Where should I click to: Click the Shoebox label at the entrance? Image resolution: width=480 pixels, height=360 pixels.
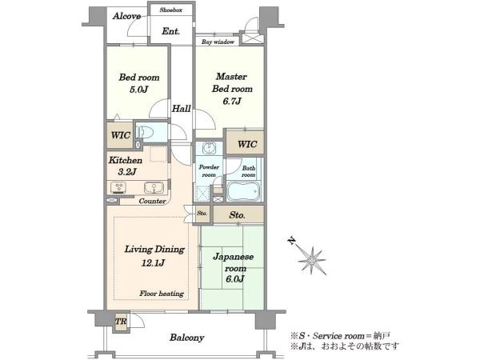coord(171,10)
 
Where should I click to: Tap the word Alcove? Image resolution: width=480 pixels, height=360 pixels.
coord(126,16)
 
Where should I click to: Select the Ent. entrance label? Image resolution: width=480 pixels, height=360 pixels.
coord(170,31)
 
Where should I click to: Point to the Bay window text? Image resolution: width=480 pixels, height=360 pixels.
coord(218,42)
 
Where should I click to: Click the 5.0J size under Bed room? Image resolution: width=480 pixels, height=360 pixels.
coord(138,90)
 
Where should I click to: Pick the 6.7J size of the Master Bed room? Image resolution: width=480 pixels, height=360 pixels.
coord(232,101)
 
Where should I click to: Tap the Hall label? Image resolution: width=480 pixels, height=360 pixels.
coord(182,108)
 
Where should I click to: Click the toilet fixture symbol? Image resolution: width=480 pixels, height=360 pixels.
coord(145,132)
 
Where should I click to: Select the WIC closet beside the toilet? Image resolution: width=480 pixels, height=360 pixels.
coord(120,135)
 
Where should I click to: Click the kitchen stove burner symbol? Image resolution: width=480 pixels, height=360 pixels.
coord(118,187)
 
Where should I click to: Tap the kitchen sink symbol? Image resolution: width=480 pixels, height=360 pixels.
coord(154,188)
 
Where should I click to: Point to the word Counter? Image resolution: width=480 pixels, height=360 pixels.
coord(152,201)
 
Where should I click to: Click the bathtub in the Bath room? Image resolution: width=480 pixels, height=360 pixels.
coord(243,191)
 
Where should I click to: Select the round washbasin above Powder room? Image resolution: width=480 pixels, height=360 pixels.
coord(209,149)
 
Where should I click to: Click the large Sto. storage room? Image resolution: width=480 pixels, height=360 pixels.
coord(238,214)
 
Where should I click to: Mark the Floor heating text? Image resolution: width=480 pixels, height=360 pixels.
coord(162,294)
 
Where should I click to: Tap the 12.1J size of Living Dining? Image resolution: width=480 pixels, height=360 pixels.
coord(153,262)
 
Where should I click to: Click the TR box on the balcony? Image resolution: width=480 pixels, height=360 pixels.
coord(122,322)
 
